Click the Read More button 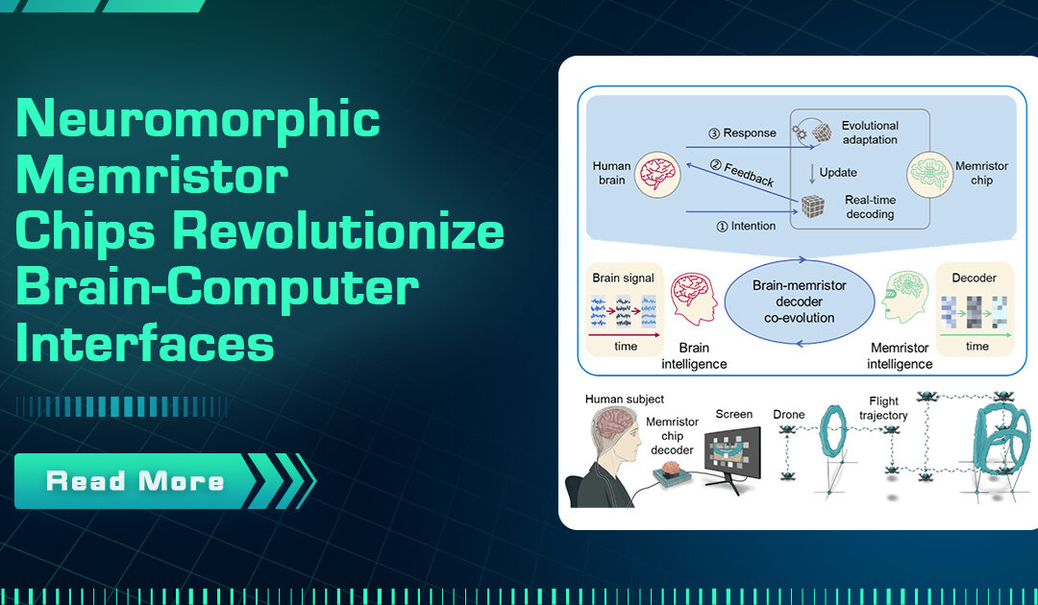(x=135, y=480)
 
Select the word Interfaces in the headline (x=145, y=345)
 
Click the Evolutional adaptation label (x=870, y=133)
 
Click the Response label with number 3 (x=741, y=133)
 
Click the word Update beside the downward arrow (x=838, y=173)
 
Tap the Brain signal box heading (x=623, y=278)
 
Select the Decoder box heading (x=974, y=278)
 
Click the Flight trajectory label (x=883, y=408)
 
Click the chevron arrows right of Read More (x=284, y=480)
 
